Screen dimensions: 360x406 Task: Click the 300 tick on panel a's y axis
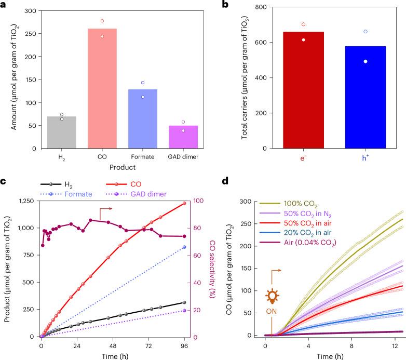click(x=37, y=11)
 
